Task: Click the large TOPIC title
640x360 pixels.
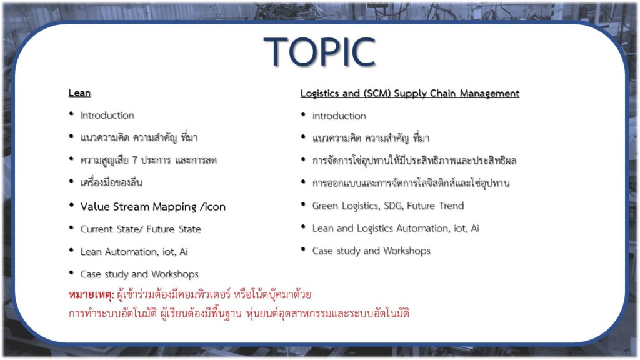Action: (319, 51)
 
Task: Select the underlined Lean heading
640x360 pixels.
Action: (79, 92)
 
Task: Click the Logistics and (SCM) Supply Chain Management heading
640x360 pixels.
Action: (410, 94)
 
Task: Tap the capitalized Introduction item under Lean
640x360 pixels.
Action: (107, 115)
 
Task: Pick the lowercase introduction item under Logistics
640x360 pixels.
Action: (339, 116)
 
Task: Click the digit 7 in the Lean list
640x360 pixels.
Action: (135, 160)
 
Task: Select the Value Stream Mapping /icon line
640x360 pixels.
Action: (153, 206)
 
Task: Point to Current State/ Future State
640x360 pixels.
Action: (141, 229)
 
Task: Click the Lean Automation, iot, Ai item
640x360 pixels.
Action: (134, 251)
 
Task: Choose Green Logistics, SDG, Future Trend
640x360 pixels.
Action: (388, 206)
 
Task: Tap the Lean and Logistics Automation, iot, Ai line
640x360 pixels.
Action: (396, 228)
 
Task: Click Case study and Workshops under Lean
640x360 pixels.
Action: (139, 274)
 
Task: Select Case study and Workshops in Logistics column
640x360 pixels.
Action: (371, 251)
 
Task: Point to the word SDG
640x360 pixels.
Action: (392, 206)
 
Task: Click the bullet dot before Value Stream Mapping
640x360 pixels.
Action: (71, 205)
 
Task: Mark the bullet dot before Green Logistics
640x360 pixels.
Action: (303, 204)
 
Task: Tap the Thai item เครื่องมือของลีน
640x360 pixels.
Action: (111, 182)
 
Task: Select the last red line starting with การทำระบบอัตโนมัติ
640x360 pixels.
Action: (239, 314)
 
